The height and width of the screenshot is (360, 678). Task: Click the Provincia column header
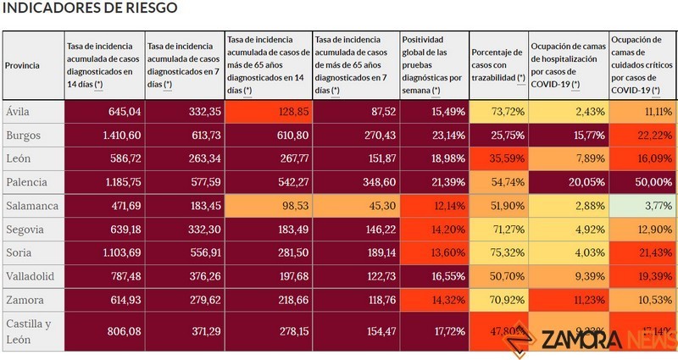tap(22, 65)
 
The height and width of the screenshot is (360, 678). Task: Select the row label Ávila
tap(19, 111)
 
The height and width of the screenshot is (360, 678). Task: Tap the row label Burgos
tap(23, 134)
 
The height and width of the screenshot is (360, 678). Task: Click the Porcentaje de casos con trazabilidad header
tap(497, 65)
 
